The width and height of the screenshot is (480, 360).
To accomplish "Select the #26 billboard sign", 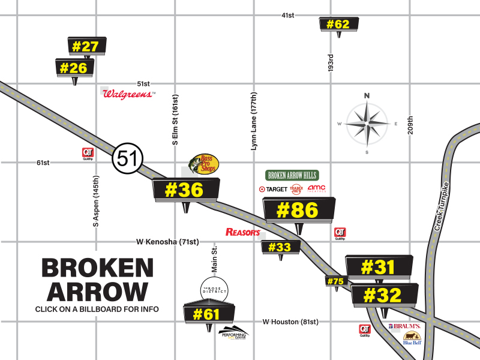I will tap(75, 68).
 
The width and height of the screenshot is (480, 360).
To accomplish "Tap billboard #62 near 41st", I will tap(339, 24).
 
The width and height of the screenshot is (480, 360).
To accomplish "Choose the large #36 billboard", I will tap(186, 190).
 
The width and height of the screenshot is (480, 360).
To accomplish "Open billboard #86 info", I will tap(299, 210).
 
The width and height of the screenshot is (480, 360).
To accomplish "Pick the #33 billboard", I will tap(280, 247).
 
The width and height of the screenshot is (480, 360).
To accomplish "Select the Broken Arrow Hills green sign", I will tap(292, 175).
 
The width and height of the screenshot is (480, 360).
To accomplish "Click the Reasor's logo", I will tap(242, 232).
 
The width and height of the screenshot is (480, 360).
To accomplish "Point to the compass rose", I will tap(367, 124).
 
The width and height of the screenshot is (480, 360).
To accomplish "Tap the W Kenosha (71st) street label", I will tap(167, 242).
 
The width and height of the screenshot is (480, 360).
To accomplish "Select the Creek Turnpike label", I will tap(441, 206).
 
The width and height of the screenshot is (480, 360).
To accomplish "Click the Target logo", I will tap(273, 189).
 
